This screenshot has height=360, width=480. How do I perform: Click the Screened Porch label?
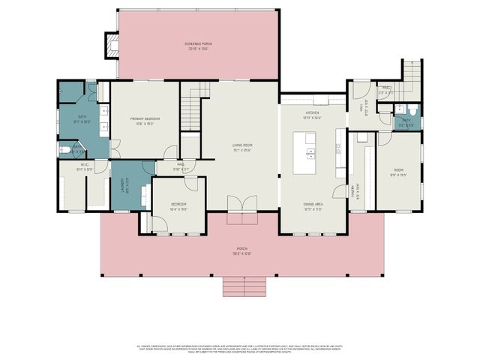(199, 44)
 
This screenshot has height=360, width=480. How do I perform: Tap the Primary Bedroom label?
(145, 119)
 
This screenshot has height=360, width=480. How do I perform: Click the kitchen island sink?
(310, 153)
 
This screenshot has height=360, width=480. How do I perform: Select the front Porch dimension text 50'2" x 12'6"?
(242, 253)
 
